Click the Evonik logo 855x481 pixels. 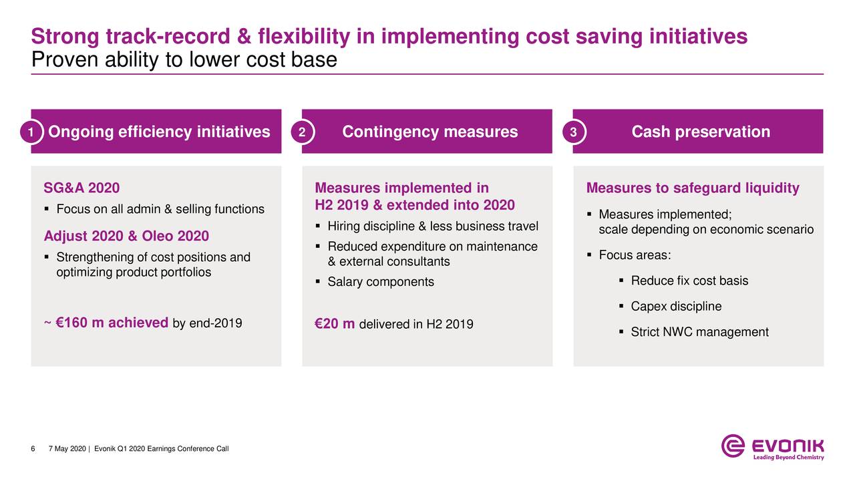[x=772, y=446]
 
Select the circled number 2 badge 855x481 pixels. [x=302, y=132]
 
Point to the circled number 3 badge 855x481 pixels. [x=573, y=132]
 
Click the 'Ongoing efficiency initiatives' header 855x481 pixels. [x=160, y=132]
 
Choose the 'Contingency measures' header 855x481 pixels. [x=430, y=132]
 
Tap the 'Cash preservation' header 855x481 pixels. [x=701, y=132]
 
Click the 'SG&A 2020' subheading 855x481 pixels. [x=81, y=188]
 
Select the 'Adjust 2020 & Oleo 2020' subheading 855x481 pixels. [x=126, y=236]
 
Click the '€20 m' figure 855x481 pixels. [x=335, y=324]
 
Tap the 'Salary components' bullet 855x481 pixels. [x=380, y=282]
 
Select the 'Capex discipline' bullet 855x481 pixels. [x=676, y=307]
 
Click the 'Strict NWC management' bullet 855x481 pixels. [x=699, y=332]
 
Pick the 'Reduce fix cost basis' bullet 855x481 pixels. [x=689, y=281]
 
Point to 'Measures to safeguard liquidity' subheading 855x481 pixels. [x=692, y=188]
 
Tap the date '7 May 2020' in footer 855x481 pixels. [x=67, y=448]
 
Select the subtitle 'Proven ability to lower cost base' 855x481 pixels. [x=184, y=60]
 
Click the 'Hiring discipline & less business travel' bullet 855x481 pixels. [x=432, y=224]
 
